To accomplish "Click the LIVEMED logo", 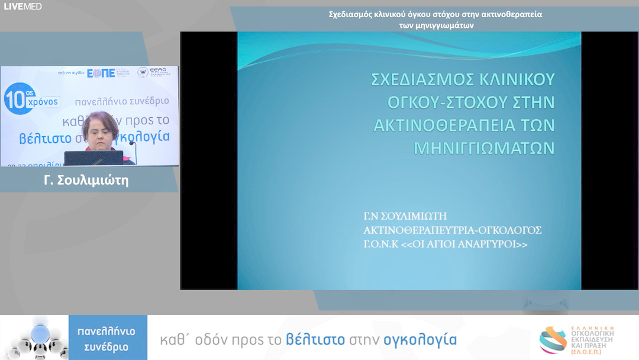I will [x=23, y=7].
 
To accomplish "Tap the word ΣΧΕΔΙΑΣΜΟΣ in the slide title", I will [x=422, y=80].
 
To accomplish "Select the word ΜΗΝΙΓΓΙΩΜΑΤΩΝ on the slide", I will [x=483, y=147].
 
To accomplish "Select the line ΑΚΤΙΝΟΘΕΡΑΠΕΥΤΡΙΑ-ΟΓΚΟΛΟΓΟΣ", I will [x=452, y=230].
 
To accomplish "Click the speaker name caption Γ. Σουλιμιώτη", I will [x=86, y=181].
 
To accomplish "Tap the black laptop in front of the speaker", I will [x=93, y=158].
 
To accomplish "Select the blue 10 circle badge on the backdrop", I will [x=17, y=98].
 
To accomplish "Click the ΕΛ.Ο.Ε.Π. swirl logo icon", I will [x=553, y=340].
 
